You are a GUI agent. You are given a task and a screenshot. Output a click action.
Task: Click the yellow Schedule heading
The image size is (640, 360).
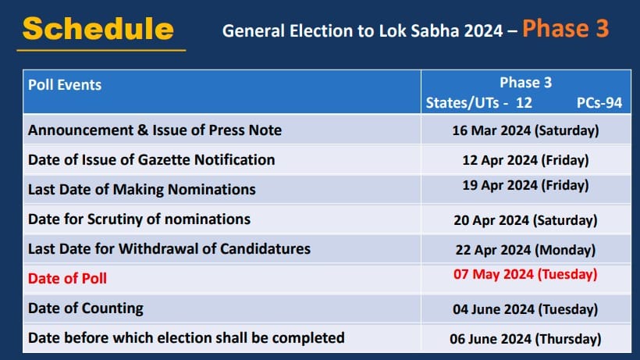coord(98,29)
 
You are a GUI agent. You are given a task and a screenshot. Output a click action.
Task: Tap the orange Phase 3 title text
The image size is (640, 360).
coord(565,28)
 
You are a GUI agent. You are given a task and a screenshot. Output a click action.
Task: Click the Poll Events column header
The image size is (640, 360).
coord(65,85)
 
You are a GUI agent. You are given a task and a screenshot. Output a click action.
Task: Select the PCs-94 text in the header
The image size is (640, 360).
coord(599,103)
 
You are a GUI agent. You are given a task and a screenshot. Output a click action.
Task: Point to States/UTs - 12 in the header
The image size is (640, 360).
coord(478,103)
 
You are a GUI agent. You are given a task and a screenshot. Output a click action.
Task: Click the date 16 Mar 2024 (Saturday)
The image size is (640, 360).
coord(525,130)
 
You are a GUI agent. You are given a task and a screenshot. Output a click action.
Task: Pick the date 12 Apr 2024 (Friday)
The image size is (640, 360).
coord(525,160)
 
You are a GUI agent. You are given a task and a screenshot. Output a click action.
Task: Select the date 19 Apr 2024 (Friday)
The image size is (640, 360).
coord(525,185)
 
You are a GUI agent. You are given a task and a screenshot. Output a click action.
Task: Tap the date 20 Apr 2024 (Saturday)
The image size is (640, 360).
coord(525,220)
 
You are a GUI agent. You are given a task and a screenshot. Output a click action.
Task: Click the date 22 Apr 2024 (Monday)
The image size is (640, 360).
coord(525,250)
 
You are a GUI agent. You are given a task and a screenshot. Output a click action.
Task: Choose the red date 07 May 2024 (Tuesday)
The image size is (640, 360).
coord(525,274)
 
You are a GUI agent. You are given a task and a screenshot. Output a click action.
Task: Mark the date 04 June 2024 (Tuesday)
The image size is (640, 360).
coord(525,309)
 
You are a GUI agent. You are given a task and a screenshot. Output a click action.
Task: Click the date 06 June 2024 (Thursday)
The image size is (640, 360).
coord(525,339)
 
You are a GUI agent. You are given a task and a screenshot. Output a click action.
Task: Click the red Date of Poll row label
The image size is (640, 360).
coord(67,278)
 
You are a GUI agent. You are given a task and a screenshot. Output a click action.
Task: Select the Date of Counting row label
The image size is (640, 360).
coord(86,308)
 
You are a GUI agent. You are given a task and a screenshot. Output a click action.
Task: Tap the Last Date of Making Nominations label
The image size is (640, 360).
coord(141,190)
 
